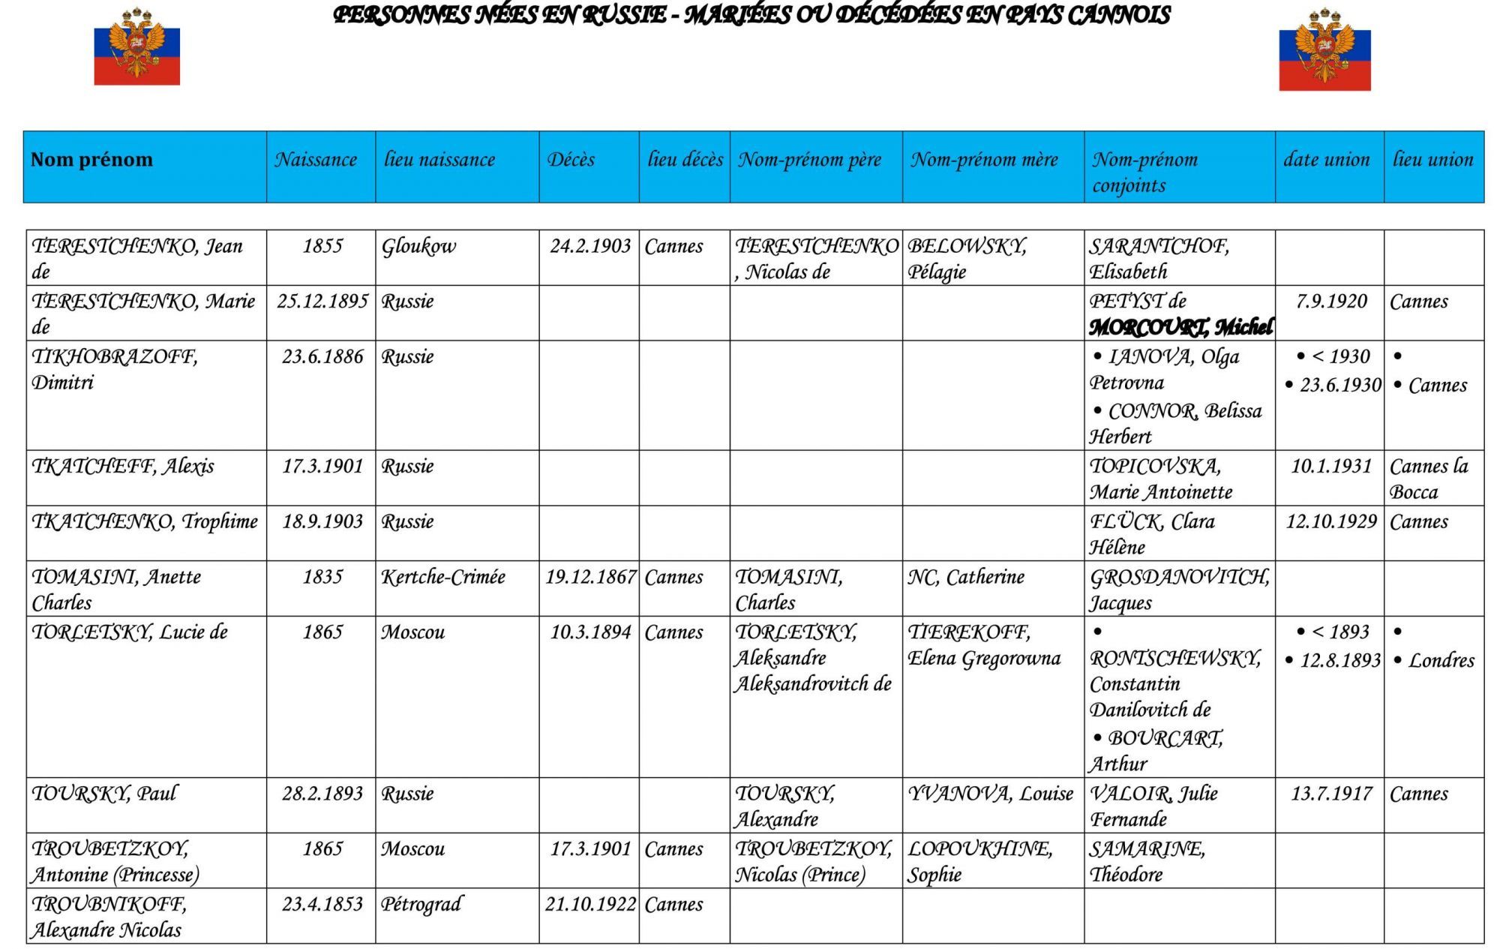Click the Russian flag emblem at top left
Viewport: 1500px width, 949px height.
[x=136, y=47]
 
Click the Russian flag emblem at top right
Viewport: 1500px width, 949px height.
[x=1324, y=50]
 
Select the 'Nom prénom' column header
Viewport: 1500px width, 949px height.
[x=91, y=160]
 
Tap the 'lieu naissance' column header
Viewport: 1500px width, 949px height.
[x=439, y=160]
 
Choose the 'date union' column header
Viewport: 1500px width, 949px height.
[x=1326, y=160]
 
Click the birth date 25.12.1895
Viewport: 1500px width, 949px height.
[x=322, y=302]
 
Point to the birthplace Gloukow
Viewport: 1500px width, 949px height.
[x=418, y=247]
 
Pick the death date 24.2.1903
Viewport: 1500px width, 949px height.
[x=590, y=247]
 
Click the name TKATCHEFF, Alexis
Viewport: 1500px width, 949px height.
[x=123, y=467]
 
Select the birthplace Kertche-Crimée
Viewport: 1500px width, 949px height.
[x=443, y=577]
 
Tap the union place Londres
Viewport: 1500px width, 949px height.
[x=1441, y=661]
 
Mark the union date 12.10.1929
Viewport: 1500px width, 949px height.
[x=1331, y=521]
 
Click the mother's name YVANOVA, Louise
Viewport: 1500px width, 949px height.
[x=991, y=794]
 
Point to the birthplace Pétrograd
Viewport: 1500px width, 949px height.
[x=421, y=904]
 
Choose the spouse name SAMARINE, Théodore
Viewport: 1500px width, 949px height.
[x=1147, y=861]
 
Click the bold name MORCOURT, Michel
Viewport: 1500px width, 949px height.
[x=1180, y=328]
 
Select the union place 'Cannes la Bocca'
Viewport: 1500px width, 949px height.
[x=1429, y=479]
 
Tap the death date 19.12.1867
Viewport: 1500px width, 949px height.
[x=590, y=577]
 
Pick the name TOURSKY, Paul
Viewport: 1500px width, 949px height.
[x=104, y=794]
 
